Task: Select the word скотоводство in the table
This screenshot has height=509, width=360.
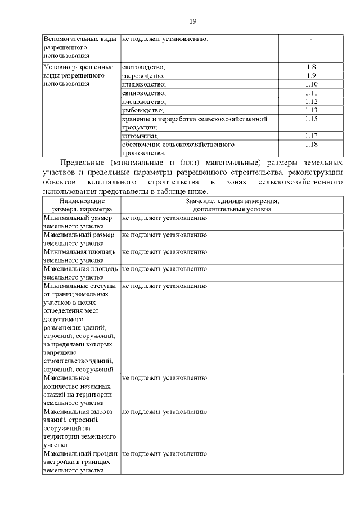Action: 143,67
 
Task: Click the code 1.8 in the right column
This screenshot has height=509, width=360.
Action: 311,67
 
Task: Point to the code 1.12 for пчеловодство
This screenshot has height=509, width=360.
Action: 311,101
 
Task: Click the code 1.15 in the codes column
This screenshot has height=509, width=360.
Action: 311,119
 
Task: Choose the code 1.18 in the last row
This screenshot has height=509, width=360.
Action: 311,145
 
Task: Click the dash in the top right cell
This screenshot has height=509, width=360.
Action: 311,39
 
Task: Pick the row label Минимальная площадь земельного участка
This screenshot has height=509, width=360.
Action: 80,256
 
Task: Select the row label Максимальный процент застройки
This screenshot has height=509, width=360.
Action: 80,462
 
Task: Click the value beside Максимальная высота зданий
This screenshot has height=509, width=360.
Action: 165,412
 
